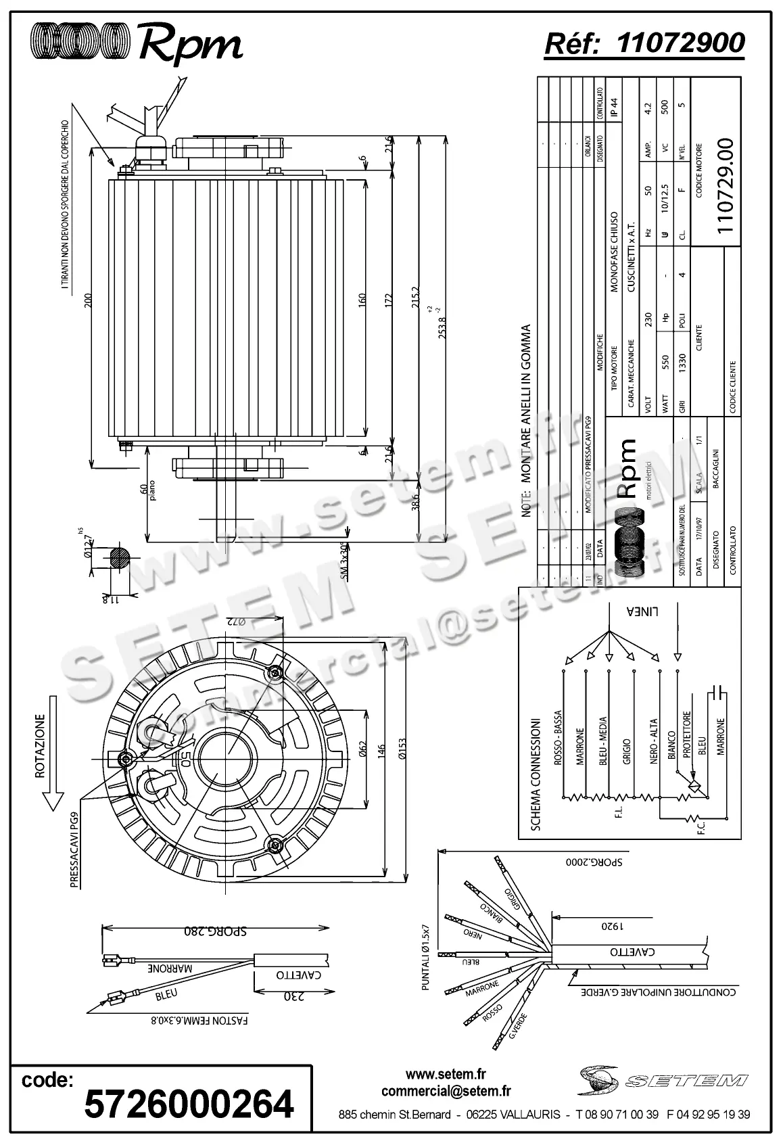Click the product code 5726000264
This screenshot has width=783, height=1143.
(189, 1104)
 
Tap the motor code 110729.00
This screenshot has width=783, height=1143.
(724, 186)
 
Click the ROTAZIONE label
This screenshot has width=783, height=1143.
(41, 747)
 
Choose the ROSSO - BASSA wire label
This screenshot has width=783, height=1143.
(558, 738)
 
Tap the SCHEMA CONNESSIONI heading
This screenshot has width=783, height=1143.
(536, 774)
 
